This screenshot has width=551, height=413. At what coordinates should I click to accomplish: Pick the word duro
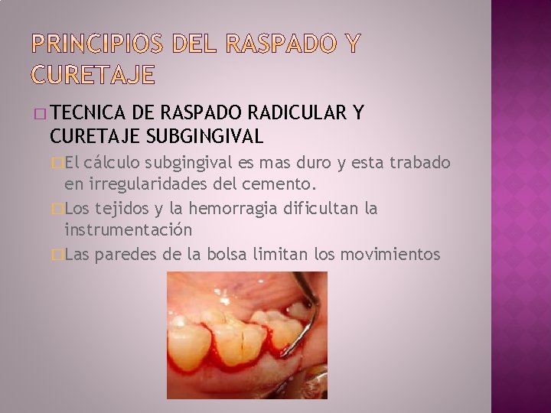[324, 163]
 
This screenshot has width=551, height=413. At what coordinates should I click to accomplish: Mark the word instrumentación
[128, 230]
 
